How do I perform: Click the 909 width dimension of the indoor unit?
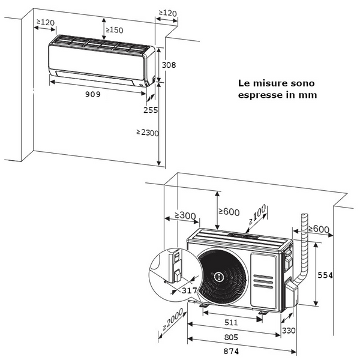click(92, 94)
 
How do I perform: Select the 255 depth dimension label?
click(151, 110)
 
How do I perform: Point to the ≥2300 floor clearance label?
click(147, 133)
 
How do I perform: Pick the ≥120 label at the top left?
click(45, 22)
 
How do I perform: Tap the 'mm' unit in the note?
click(310, 95)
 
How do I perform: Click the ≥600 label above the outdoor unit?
click(229, 211)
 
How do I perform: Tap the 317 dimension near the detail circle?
click(189, 290)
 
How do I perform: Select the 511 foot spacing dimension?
click(231, 322)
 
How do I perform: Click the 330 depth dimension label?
click(289, 330)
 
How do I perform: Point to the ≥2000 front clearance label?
click(172, 322)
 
